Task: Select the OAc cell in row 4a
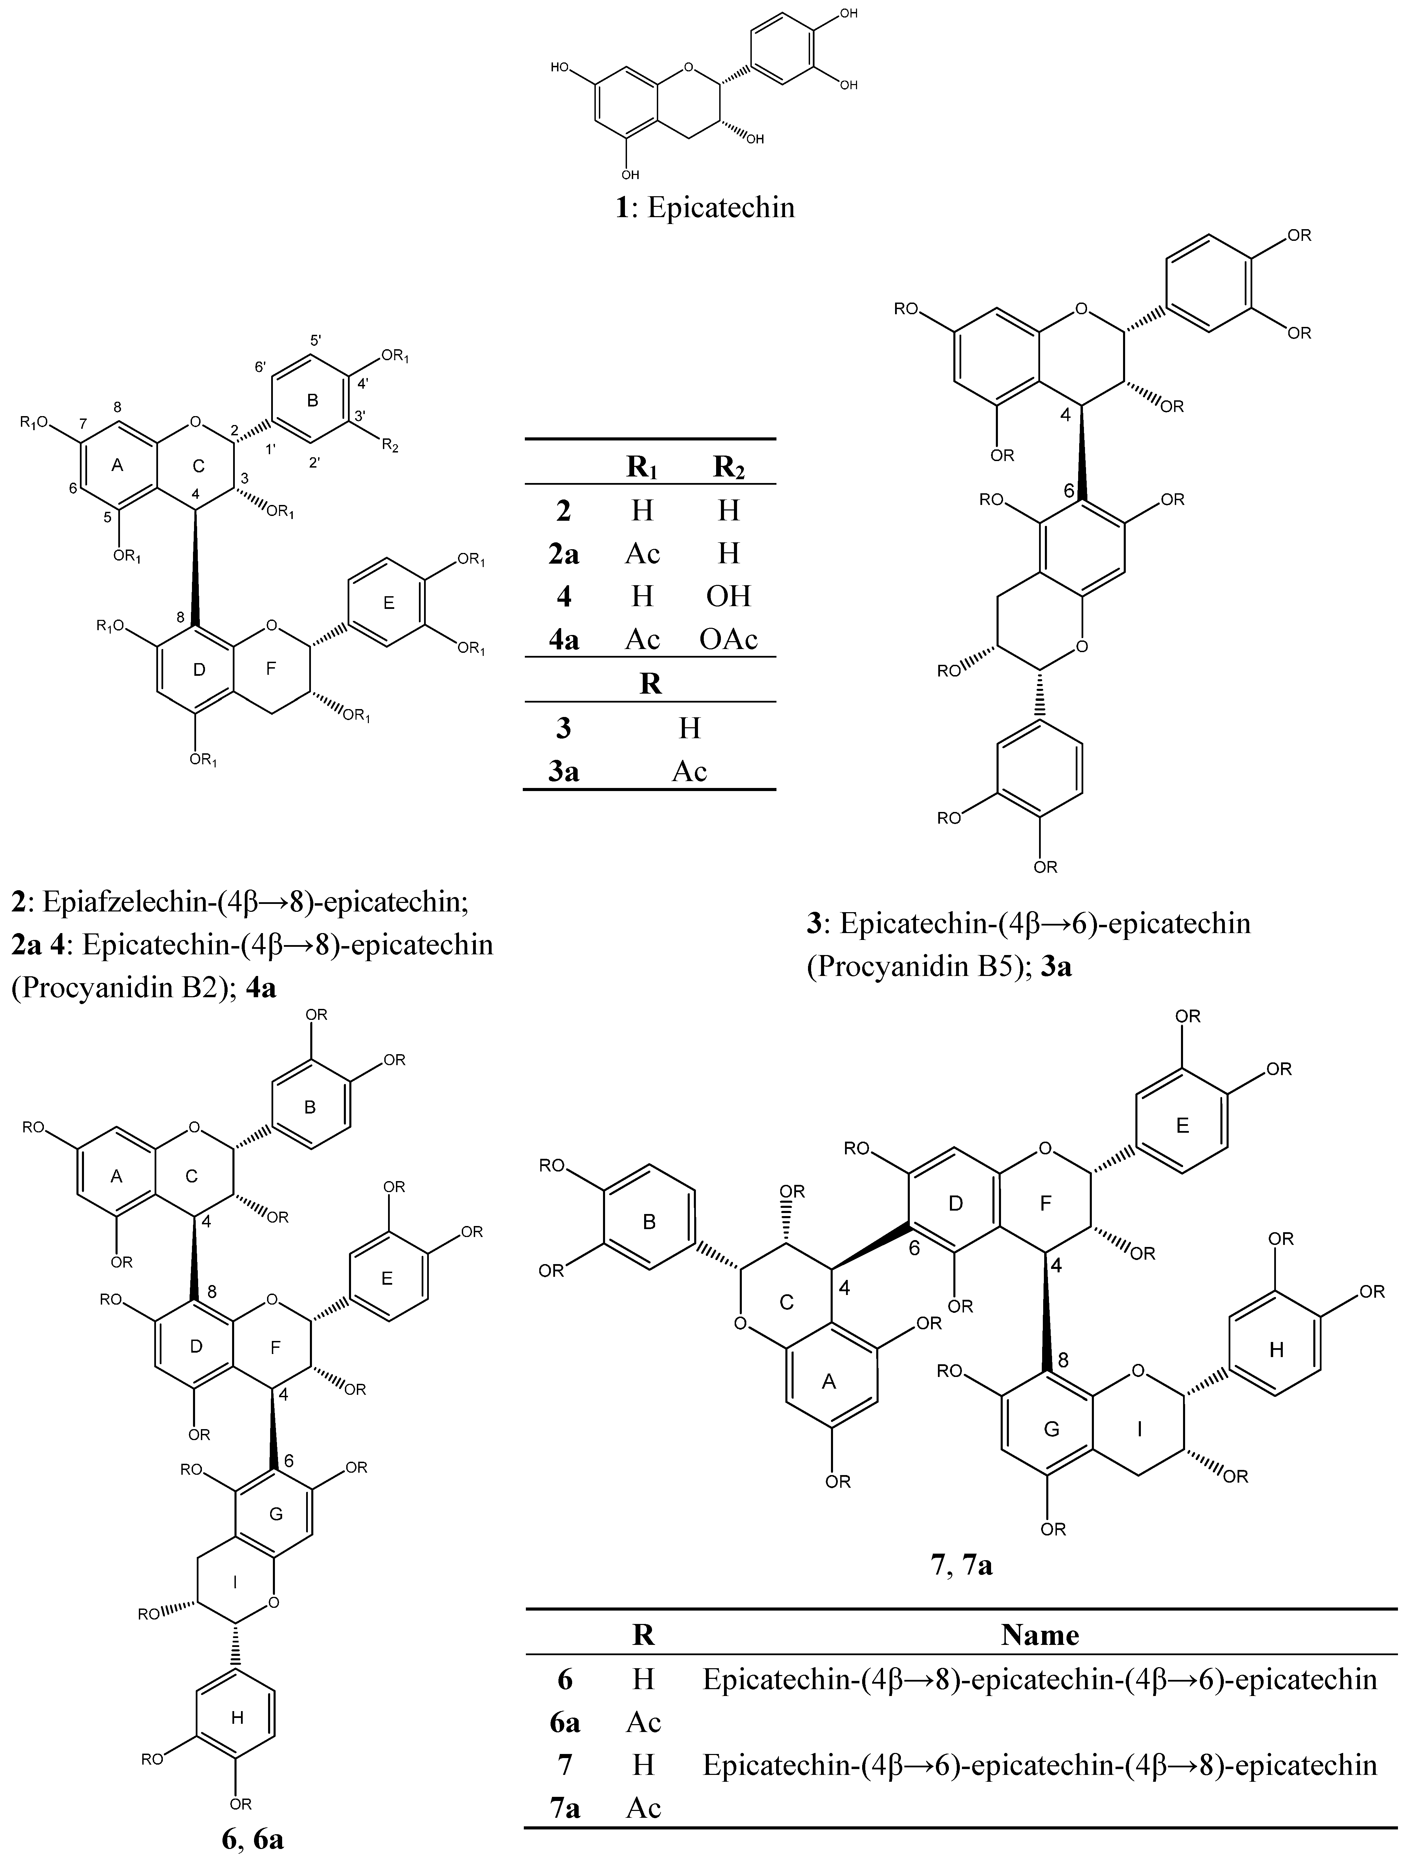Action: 728,639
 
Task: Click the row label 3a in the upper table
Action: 563,772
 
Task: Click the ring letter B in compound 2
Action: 313,400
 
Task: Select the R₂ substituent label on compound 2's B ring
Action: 390,446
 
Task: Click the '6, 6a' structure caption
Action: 252,1846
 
